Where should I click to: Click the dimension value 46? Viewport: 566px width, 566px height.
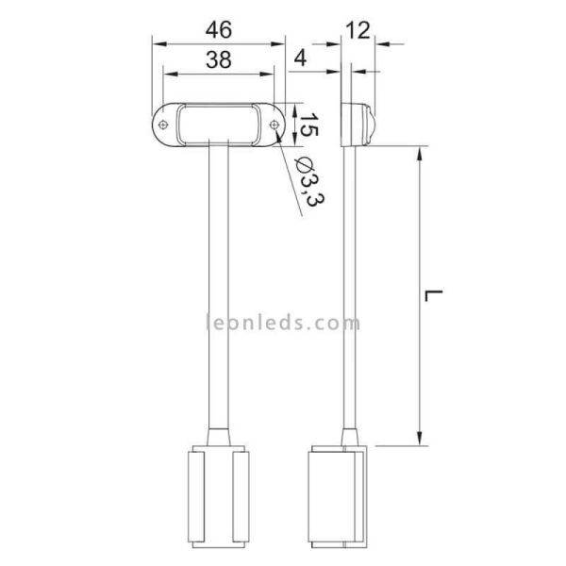(219, 29)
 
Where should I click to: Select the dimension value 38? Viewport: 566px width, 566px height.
(219, 59)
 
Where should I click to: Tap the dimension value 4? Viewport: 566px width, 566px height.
(301, 58)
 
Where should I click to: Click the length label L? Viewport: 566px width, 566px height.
(433, 295)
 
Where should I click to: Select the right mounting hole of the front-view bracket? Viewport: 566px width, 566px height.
(274, 125)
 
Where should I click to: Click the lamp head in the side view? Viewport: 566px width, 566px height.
(358, 124)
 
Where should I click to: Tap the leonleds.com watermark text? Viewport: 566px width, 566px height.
(283, 323)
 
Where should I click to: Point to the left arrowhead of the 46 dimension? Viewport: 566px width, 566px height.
(158, 43)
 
